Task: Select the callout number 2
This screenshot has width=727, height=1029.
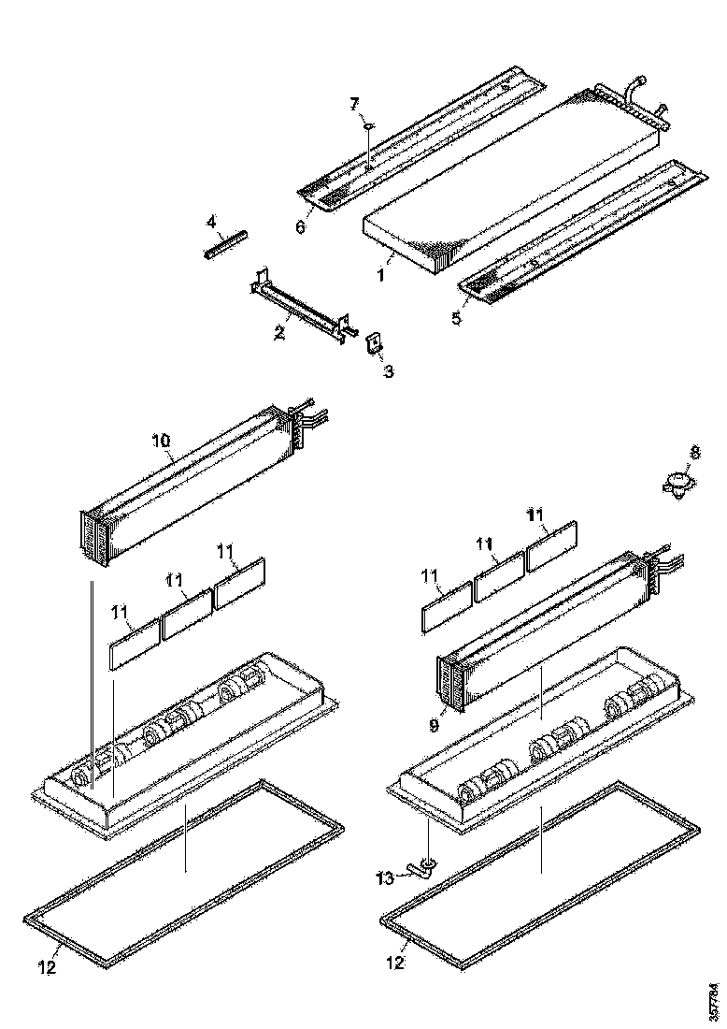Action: pos(278,333)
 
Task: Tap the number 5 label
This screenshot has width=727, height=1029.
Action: pos(456,318)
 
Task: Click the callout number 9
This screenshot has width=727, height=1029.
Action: pos(433,725)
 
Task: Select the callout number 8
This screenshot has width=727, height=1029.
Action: pos(693,452)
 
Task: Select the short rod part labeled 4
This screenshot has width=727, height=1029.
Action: pos(224,244)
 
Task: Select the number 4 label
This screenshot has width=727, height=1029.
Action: pos(211,222)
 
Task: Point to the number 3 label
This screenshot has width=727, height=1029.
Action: pos(388,371)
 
